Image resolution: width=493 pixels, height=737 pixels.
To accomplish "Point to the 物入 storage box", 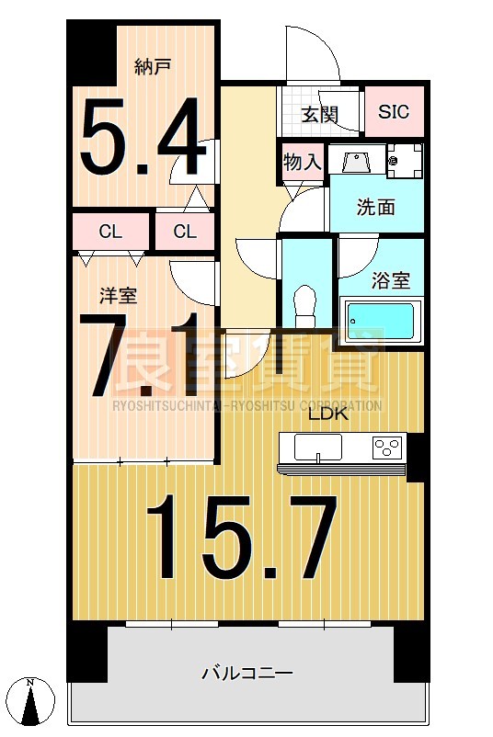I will click(x=303, y=163).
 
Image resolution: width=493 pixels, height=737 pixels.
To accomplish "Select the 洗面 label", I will click(x=375, y=208).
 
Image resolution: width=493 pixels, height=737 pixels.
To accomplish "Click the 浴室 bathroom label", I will click(x=392, y=280).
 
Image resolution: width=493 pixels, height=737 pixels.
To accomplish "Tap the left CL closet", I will click(x=110, y=232).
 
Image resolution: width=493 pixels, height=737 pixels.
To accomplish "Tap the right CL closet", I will click(x=185, y=232).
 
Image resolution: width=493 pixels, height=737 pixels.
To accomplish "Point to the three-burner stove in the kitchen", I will click(x=387, y=448).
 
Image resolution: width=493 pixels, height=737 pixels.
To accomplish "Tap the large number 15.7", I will click(x=242, y=538).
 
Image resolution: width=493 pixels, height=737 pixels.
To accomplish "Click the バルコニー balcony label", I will click(x=247, y=674).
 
